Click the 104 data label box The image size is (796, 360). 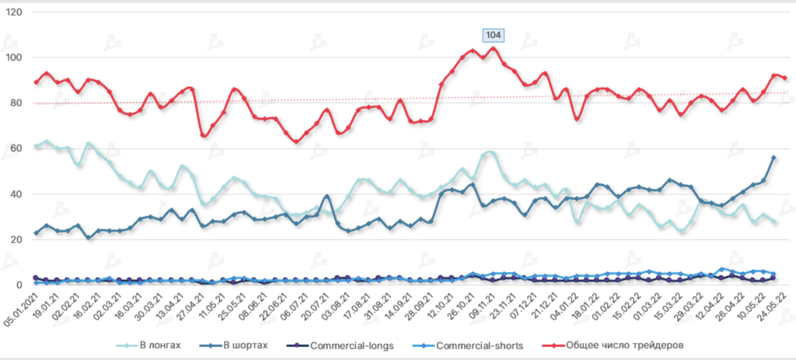(x=493, y=34)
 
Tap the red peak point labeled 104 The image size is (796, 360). (x=493, y=48)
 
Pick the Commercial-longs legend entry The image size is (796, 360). (x=361, y=344)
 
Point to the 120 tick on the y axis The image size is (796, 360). (x=14, y=12)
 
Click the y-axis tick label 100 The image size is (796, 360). (x=14, y=58)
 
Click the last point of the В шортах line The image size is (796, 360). (x=773, y=158)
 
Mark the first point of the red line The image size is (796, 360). (x=36, y=82)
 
